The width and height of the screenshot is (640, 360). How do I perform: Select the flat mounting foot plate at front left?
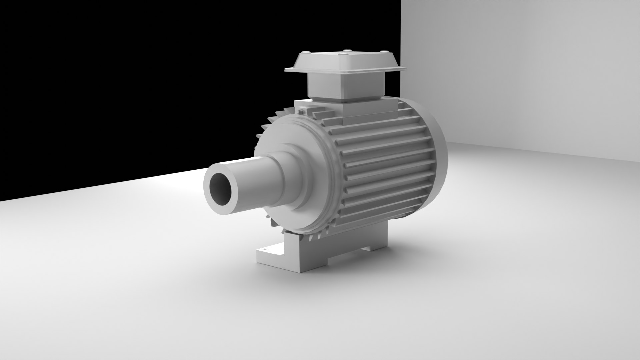[270, 253]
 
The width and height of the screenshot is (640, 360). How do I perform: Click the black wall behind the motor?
[133, 83]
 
